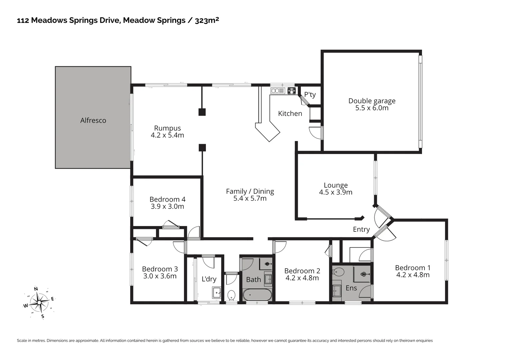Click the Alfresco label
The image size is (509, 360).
click(x=93, y=120)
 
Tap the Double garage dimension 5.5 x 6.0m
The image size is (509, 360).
click(x=372, y=108)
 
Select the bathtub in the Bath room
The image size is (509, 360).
click(x=257, y=295)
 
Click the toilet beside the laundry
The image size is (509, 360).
click(x=231, y=295)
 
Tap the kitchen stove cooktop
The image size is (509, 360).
click(x=291, y=91)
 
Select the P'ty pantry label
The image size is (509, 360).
click(x=310, y=95)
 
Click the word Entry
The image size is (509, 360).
click(x=361, y=229)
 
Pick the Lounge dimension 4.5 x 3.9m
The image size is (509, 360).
click(x=335, y=192)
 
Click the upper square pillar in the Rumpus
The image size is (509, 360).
click(x=202, y=112)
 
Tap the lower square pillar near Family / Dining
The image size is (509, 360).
click(x=202, y=147)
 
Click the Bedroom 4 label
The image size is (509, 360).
click(x=167, y=199)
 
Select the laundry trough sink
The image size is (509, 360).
click(x=217, y=292)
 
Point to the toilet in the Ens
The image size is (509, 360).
click(x=339, y=272)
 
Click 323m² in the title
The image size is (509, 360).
click(x=207, y=20)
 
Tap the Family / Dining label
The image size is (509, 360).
click(x=250, y=191)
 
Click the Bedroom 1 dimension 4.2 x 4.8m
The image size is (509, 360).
click(x=413, y=275)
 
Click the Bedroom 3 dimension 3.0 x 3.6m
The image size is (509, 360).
click(x=160, y=276)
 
